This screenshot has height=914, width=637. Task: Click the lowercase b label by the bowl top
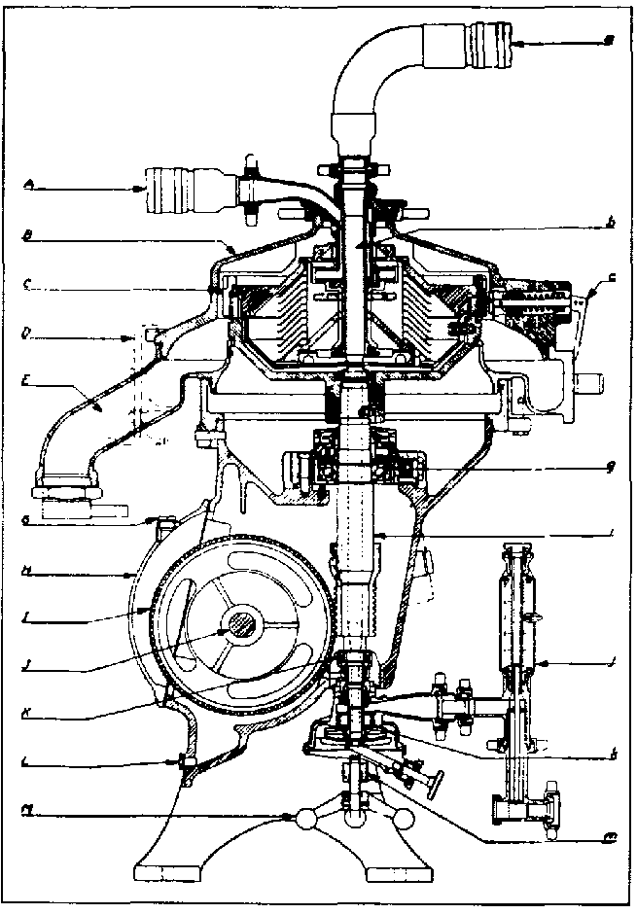pyautogui.click(x=610, y=224)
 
